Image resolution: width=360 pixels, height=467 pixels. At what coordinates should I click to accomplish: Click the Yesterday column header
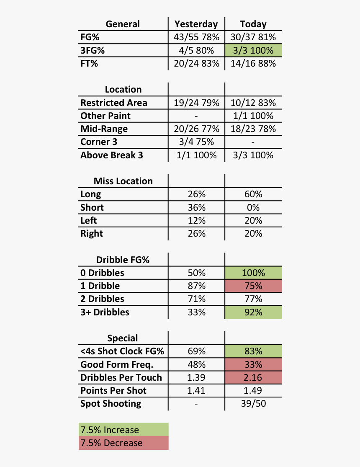click(x=196, y=24)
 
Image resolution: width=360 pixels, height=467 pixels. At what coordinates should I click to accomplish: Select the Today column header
click(x=253, y=24)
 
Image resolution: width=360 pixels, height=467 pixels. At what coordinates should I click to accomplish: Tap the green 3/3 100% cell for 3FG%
click(x=253, y=51)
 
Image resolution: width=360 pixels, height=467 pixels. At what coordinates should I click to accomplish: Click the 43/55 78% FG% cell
click(x=196, y=37)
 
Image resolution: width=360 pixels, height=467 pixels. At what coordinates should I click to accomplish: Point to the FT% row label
click(x=89, y=64)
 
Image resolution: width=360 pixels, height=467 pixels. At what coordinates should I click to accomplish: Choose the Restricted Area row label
click(x=114, y=103)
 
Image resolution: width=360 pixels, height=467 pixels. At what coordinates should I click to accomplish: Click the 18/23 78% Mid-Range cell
click(x=253, y=129)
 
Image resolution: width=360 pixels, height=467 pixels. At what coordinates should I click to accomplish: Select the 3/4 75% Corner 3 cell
click(x=196, y=142)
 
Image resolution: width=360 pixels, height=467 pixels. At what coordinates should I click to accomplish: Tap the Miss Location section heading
click(x=123, y=181)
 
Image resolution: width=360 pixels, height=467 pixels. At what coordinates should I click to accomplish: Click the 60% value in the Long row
click(x=253, y=194)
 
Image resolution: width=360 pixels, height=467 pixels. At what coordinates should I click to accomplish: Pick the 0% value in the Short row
click(x=253, y=207)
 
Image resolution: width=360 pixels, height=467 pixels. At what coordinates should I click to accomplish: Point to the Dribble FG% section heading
click(x=123, y=260)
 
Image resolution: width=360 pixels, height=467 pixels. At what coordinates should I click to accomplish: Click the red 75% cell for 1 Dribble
click(x=253, y=286)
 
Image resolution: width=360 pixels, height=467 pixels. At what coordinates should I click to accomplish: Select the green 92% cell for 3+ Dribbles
click(x=253, y=312)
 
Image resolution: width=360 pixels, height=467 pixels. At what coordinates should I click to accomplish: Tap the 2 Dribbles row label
click(x=103, y=299)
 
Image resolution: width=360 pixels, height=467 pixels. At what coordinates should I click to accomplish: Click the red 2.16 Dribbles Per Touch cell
click(x=253, y=377)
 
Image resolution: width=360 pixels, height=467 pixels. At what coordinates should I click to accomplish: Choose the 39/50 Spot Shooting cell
click(x=253, y=404)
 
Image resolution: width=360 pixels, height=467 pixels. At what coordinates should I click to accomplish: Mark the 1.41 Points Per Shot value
click(x=196, y=391)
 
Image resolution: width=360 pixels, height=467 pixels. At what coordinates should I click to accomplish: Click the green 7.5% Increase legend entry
click(x=123, y=430)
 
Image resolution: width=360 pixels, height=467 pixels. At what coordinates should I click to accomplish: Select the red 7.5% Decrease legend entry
click(x=123, y=443)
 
